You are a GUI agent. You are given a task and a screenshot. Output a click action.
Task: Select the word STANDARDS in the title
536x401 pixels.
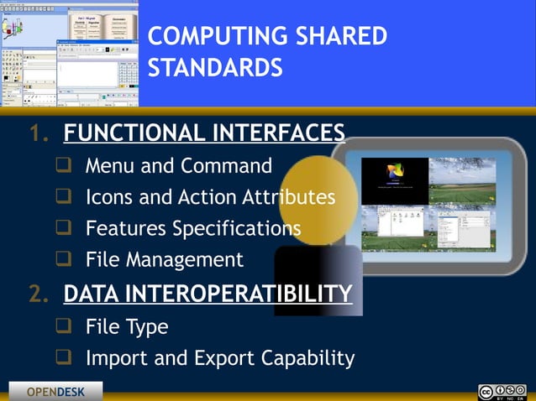pos(215,67)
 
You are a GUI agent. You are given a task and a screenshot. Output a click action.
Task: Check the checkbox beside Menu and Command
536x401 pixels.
pos(63,165)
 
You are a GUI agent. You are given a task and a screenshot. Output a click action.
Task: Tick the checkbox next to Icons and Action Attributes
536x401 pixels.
pos(63,197)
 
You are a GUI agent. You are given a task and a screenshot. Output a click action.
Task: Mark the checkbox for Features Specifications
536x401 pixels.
pos(63,228)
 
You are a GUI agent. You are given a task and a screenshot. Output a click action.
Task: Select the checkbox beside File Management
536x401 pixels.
pos(63,259)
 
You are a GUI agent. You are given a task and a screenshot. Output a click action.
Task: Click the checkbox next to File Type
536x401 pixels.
pos(63,325)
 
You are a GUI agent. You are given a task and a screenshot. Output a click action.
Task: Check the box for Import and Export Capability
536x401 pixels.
pos(63,358)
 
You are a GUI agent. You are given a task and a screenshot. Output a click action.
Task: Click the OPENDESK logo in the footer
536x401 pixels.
pos(55,392)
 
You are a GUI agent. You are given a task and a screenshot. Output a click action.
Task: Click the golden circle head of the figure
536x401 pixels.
pos(318,193)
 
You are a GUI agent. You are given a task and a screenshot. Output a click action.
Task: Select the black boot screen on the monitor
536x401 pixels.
pos(394,182)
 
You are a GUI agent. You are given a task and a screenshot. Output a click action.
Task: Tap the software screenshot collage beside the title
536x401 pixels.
pos(69,53)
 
